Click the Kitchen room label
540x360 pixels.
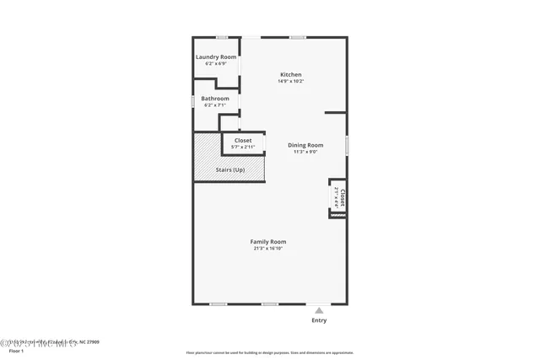pyautogui.click(x=289, y=74)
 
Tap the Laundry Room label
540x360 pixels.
pyautogui.click(x=216, y=56)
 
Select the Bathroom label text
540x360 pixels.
pyautogui.click(x=215, y=99)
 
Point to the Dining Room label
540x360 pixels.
pyautogui.click(x=305, y=145)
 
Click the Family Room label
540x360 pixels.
pyautogui.click(x=268, y=242)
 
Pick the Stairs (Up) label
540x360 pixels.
pyautogui.click(x=229, y=170)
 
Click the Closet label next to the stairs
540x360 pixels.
pyautogui.click(x=243, y=140)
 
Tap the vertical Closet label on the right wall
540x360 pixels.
pyautogui.click(x=343, y=197)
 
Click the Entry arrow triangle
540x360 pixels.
pyautogui.click(x=319, y=310)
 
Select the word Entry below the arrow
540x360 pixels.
pyautogui.click(x=319, y=320)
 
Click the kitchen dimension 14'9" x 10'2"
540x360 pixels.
pyautogui.click(x=289, y=81)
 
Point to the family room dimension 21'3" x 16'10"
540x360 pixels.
pyautogui.click(x=268, y=249)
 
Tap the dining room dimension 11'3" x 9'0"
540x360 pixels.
pyautogui.click(x=305, y=152)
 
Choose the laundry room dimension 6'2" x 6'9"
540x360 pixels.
pyautogui.click(x=216, y=63)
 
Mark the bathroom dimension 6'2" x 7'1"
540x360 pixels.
pyautogui.click(x=215, y=105)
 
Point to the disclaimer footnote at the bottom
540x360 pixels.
pyautogui.click(x=270, y=353)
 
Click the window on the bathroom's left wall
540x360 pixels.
pyautogui.click(x=193, y=101)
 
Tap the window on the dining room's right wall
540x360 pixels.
pyautogui.click(x=347, y=145)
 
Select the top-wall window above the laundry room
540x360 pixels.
pyautogui.click(x=222, y=37)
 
